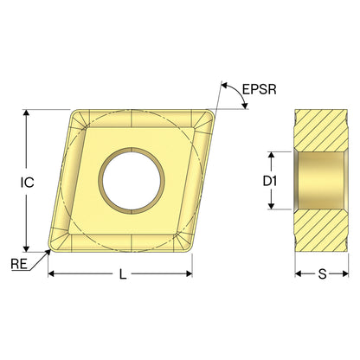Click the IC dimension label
(28, 183)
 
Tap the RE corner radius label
(19, 264)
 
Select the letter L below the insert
(123, 273)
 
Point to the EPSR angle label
(260, 89)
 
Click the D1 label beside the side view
(270, 181)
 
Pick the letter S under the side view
(322, 274)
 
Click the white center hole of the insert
(132, 181)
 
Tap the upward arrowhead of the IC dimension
(26, 113)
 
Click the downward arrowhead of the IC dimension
(26, 248)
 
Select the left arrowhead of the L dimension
(51, 273)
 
